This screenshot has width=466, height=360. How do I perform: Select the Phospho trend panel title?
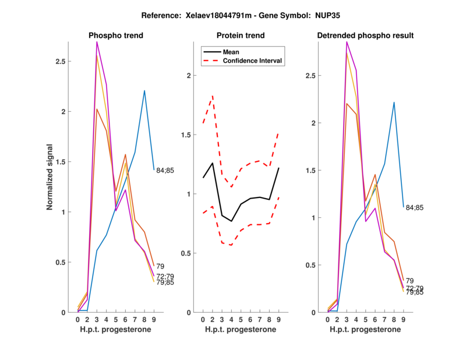coord(116,36)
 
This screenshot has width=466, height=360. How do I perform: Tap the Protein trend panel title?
coord(241,36)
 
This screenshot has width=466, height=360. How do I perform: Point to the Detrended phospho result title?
coord(365,36)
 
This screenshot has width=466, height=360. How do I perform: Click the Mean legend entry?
coord(231,52)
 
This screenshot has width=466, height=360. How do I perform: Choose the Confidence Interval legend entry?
coord(253,61)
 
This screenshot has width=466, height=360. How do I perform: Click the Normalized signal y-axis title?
coord(51,177)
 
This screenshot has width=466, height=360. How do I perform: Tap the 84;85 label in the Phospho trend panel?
coord(165,171)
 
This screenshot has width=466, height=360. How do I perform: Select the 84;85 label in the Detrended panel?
coord(415,207)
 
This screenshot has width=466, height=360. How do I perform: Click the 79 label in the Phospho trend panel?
coord(161,267)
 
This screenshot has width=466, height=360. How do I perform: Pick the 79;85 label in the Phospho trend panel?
coord(166,283)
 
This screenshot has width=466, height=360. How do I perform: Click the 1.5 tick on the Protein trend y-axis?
coord(188,135)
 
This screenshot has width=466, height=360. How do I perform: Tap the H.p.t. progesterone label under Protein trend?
coord(241,330)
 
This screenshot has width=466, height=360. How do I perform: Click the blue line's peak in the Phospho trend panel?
coord(144,90)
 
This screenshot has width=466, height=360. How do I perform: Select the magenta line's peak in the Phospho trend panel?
coord(97,42)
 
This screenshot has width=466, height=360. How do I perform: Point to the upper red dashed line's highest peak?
coord(213,96)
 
